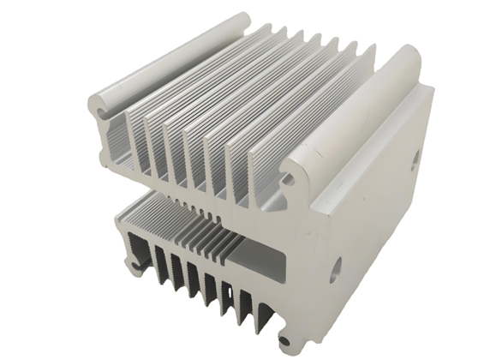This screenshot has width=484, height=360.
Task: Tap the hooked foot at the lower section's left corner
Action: (x=134, y=270)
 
